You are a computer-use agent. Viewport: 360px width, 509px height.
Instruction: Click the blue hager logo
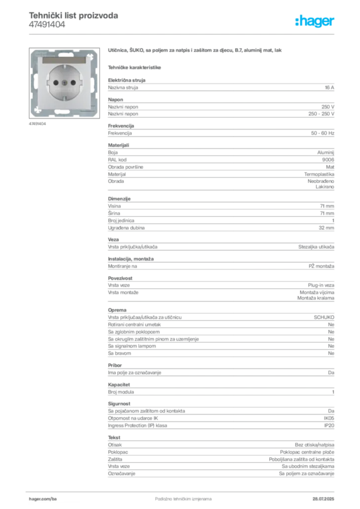[315, 21]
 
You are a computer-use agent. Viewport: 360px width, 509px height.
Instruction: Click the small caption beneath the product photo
[38, 124]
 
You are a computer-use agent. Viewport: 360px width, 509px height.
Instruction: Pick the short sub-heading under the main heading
[135, 66]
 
